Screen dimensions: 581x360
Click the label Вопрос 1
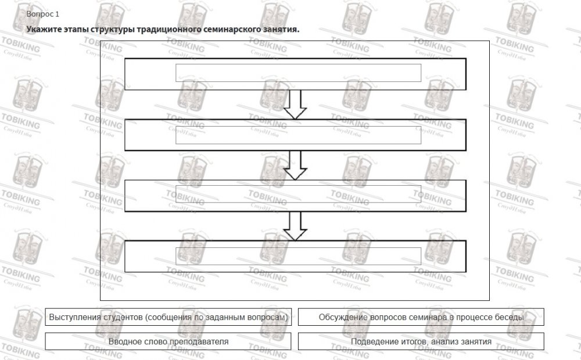(x=42, y=14)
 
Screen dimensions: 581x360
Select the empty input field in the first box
(x=298, y=73)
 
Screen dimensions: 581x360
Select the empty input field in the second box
(x=298, y=135)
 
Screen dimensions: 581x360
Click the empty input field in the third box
(x=298, y=194)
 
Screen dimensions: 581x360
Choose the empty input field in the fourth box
(x=298, y=256)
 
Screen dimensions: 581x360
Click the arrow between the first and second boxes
(x=295, y=105)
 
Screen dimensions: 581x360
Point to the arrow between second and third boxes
(x=295, y=165)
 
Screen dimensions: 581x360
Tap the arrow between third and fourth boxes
(x=295, y=226)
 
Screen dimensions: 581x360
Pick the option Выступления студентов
(x=168, y=317)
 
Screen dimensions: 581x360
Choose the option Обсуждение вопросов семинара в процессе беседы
(x=421, y=317)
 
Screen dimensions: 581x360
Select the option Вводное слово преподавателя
(x=168, y=341)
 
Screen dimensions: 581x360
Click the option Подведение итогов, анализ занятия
(x=421, y=341)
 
